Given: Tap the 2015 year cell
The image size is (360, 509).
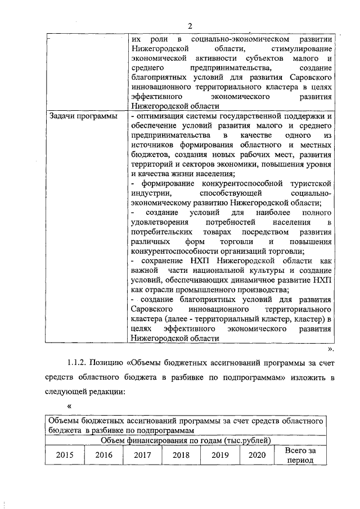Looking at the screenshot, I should pos(64,455).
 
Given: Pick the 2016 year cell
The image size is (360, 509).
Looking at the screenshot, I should pos(103,455).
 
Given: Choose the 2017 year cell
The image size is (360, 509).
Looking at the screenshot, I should pos(142,455).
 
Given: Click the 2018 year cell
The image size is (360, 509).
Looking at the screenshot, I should pos(181,455).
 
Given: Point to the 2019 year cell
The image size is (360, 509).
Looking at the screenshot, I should pos(220,455).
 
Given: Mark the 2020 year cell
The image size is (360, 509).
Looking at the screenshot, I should pos(256,455).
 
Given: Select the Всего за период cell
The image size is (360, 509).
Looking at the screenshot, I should pos(301,455).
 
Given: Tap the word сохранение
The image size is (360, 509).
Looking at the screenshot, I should pos(163,261).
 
